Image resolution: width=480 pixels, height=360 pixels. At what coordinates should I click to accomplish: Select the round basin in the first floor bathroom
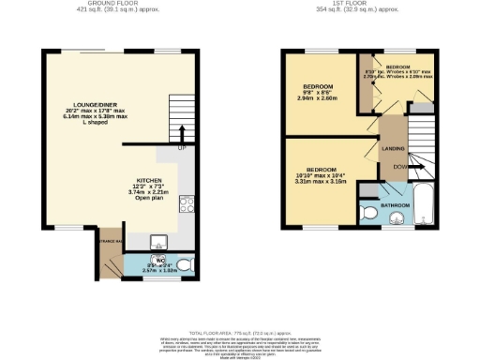(396, 220)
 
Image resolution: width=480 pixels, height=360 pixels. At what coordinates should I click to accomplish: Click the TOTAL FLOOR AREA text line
(240, 334)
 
